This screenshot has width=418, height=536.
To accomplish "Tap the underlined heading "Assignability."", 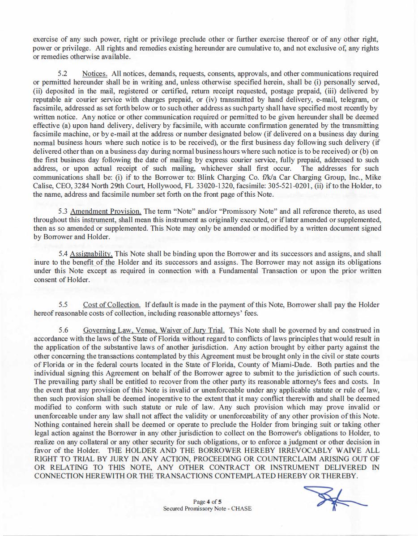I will tap(91, 254).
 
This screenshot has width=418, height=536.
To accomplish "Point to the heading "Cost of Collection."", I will tap(111, 305).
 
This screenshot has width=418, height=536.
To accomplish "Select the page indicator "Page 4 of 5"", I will tap(208, 502).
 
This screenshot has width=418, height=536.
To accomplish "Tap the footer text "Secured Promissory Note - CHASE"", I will tap(207, 509).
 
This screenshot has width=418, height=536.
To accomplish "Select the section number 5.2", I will tap(63, 73).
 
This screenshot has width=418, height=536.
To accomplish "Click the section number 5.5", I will tap(63, 305).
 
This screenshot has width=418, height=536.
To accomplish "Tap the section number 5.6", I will tap(63, 330).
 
